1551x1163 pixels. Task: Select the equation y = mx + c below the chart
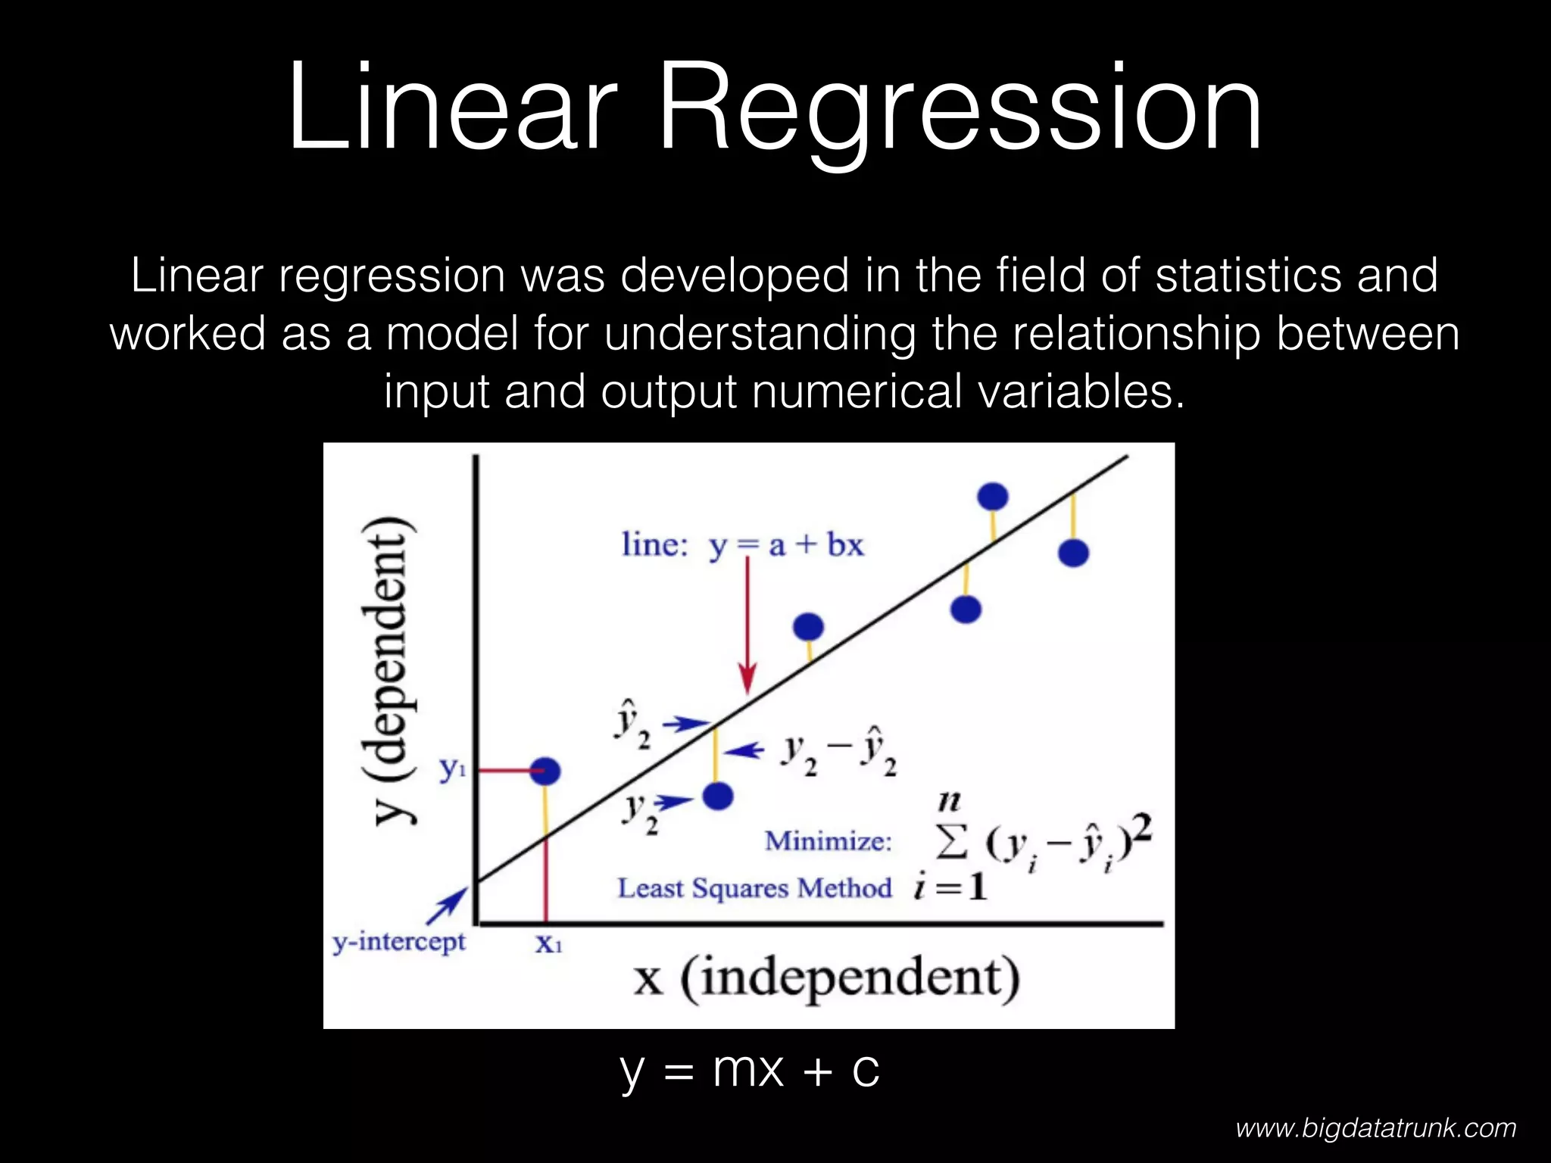750,1069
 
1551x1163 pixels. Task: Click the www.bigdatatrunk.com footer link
1375,1128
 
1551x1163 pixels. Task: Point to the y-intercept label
399,942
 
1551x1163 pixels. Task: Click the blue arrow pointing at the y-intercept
448,906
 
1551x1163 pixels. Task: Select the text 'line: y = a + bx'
742,545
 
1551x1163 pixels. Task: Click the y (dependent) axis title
388,670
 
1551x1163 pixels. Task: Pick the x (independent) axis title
826,978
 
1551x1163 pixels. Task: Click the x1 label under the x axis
548,944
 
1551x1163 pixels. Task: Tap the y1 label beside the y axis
452,770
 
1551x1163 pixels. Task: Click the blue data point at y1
545,772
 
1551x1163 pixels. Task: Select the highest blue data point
993,497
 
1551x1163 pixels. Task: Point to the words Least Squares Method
754,888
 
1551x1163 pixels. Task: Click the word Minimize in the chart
829,841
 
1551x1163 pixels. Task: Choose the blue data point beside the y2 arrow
718,796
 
